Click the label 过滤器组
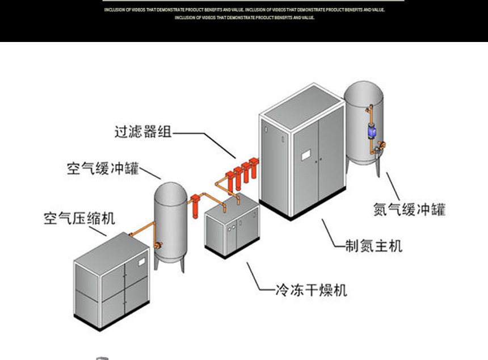click(x=142, y=133)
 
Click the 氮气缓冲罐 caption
click(x=409, y=210)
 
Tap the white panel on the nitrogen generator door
click(x=305, y=154)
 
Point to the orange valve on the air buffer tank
click(x=158, y=245)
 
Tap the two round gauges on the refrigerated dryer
click(x=231, y=229)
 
